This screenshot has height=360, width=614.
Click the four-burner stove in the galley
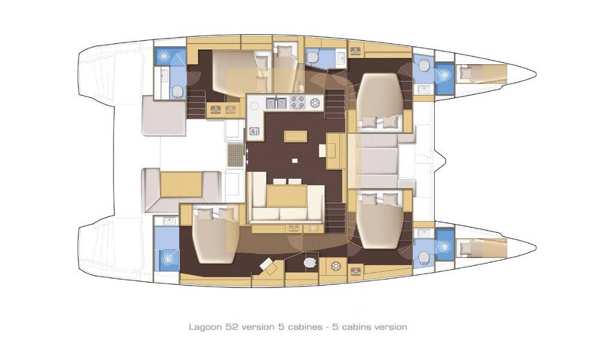298,103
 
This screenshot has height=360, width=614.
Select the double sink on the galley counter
276,103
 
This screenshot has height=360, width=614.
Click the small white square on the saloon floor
294,160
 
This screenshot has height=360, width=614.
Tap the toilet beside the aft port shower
177,91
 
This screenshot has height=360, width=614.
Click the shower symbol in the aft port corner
164,56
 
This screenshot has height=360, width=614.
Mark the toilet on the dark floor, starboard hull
309,263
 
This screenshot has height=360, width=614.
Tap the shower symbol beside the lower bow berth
444,247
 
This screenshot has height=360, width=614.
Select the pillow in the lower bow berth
465,245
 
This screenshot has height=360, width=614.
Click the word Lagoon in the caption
204,327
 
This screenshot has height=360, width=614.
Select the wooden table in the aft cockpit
180,184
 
